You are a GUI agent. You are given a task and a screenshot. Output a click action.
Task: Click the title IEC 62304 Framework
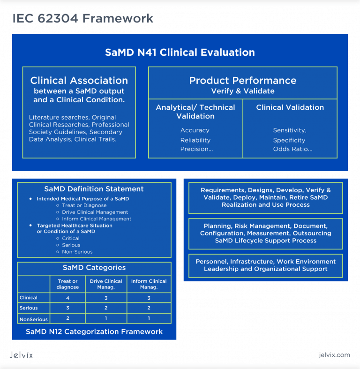(x=82, y=18)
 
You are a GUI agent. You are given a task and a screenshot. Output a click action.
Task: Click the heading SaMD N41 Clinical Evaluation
(x=180, y=53)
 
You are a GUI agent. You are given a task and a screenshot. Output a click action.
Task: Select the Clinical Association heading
(x=79, y=80)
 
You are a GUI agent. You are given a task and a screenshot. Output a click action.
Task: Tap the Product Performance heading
(x=242, y=80)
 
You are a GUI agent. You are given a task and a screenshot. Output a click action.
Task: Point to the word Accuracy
(x=195, y=130)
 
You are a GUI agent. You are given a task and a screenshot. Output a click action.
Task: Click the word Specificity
(x=289, y=140)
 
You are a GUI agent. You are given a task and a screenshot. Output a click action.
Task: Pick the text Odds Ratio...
(x=292, y=149)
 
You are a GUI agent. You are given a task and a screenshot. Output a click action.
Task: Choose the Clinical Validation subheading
(x=290, y=107)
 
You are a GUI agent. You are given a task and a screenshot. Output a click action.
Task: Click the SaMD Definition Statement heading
(x=94, y=189)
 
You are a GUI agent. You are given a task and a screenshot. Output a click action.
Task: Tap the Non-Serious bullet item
(x=77, y=252)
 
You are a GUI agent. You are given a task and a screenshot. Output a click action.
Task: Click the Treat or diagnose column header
(x=67, y=284)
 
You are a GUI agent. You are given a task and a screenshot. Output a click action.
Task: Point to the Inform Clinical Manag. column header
(x=149, y=284)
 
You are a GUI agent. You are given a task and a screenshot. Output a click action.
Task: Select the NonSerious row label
(x=34, y=319)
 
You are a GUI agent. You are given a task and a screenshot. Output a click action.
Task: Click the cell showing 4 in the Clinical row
(x=67, y=298)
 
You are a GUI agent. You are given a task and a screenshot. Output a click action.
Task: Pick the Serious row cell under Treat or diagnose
(x=67, y=308)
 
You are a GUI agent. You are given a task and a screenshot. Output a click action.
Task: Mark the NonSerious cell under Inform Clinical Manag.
(x=149, y=318)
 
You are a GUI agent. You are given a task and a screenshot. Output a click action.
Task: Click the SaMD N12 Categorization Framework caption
(x=94, y=331)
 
